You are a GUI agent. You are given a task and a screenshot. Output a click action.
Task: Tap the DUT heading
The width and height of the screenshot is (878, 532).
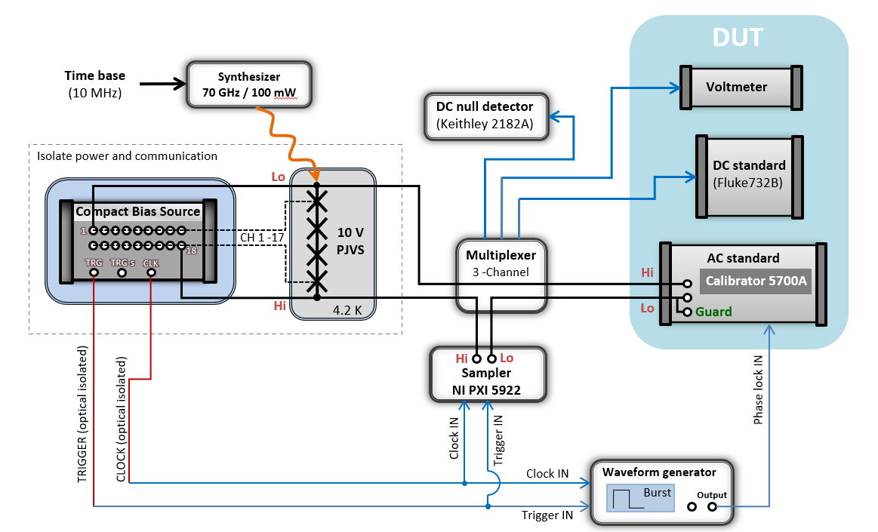(x=738, y=38)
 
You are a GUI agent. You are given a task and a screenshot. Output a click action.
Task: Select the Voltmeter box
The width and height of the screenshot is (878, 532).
(x=736, y=87)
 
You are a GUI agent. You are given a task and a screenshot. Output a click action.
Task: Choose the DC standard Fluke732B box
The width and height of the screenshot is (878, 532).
(x=749, y=174)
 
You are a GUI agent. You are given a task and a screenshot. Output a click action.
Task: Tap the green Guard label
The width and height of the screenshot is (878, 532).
(x=713, y=312)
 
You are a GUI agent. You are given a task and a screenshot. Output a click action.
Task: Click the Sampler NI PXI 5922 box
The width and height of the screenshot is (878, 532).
(x=485, y=373)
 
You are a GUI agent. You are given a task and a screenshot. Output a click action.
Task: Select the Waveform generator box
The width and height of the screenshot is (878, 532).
(x=659, y=491)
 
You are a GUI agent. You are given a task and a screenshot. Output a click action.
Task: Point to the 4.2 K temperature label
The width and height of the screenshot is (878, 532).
(x=348, y=309)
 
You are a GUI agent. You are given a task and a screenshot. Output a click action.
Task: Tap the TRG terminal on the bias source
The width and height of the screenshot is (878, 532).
(x=94, y=272)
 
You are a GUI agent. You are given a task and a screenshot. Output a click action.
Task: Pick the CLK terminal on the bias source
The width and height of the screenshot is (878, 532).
(x=151, y=272)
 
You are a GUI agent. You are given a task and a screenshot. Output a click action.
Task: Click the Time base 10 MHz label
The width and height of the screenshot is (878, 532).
(x=94, y=85)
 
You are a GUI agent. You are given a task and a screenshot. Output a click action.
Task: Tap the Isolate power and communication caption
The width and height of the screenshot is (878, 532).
(x=127, y=156)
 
